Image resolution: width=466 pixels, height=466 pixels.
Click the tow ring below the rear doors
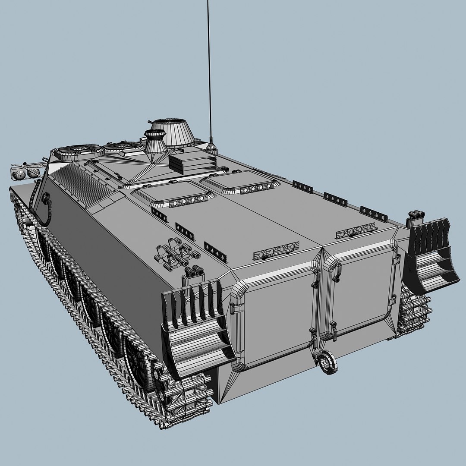point(327,362)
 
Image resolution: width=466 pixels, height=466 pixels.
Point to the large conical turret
point(174,132)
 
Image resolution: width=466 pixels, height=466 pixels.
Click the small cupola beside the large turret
point(155,141)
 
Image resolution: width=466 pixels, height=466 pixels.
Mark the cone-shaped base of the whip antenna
point(211,146)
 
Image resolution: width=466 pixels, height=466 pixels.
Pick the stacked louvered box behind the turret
point(191,163)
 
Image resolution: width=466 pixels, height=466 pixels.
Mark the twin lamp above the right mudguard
point(415,214)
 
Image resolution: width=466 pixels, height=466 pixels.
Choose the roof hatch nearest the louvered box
point(239,183)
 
